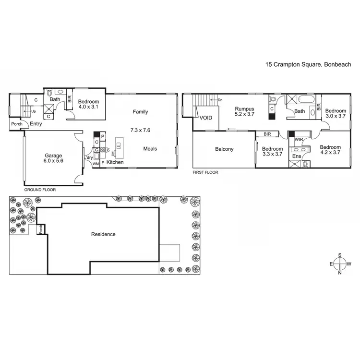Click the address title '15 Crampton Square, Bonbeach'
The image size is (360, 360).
309,64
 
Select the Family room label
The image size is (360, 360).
141,112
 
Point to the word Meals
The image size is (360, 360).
150,149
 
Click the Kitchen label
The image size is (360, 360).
115,163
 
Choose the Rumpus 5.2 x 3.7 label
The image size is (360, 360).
244,112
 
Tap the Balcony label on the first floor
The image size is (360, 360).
224,149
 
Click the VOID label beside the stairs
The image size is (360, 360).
206,118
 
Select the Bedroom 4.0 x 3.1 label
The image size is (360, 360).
88,104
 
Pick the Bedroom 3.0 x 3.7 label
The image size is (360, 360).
336,113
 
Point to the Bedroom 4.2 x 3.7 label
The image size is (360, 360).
330,150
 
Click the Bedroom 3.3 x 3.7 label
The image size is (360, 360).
272,152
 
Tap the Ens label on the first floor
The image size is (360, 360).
297,156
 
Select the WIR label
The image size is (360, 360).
299,140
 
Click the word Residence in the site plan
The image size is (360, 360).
103,234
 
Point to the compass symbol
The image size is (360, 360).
339,264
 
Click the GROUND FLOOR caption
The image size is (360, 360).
40,190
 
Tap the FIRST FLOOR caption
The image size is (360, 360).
205,172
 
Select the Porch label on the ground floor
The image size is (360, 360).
17,124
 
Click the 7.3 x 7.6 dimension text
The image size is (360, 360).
141,130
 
